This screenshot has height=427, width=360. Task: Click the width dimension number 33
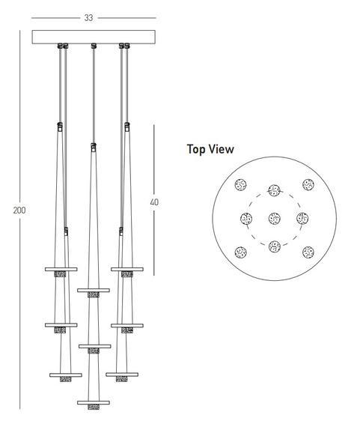click(x=88, y=18)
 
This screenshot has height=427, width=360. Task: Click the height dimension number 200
click(x=19, y=211)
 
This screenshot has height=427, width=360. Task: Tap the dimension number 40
click(x=154, y=202)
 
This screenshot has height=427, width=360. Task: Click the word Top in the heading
click(x=195, y=149)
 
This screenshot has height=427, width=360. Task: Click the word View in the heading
click(x=221, y=149)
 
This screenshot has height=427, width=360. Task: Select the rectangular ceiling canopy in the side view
click(x=94, y=37)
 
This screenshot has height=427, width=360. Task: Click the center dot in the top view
click(x=274, y=219)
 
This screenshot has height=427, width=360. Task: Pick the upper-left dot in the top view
click(x=240, y=184)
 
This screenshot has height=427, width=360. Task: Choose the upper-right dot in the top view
click(x=308, y=184)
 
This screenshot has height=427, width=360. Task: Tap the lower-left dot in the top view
click(x=241, y=252)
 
